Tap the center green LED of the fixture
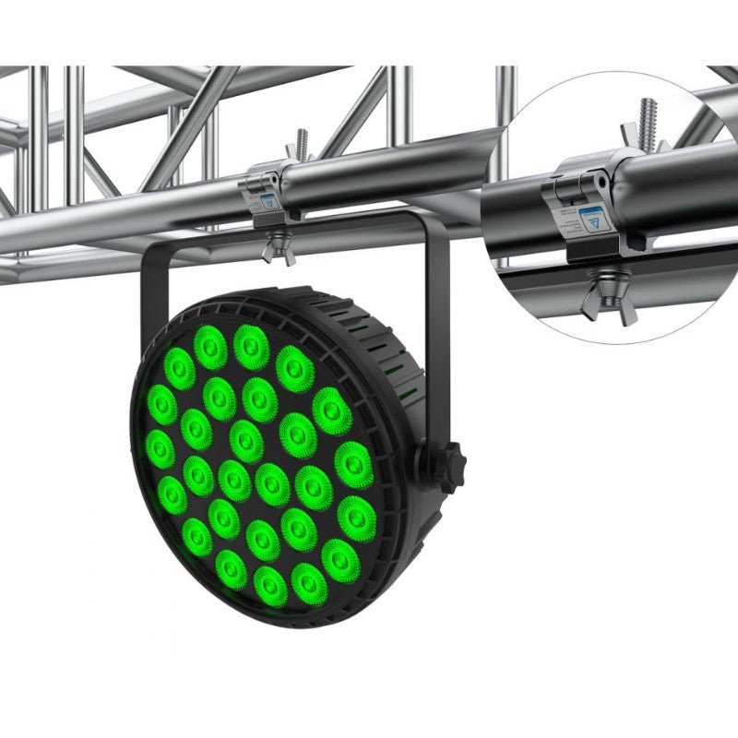246,440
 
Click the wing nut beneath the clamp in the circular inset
604,297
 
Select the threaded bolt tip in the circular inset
648,114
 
